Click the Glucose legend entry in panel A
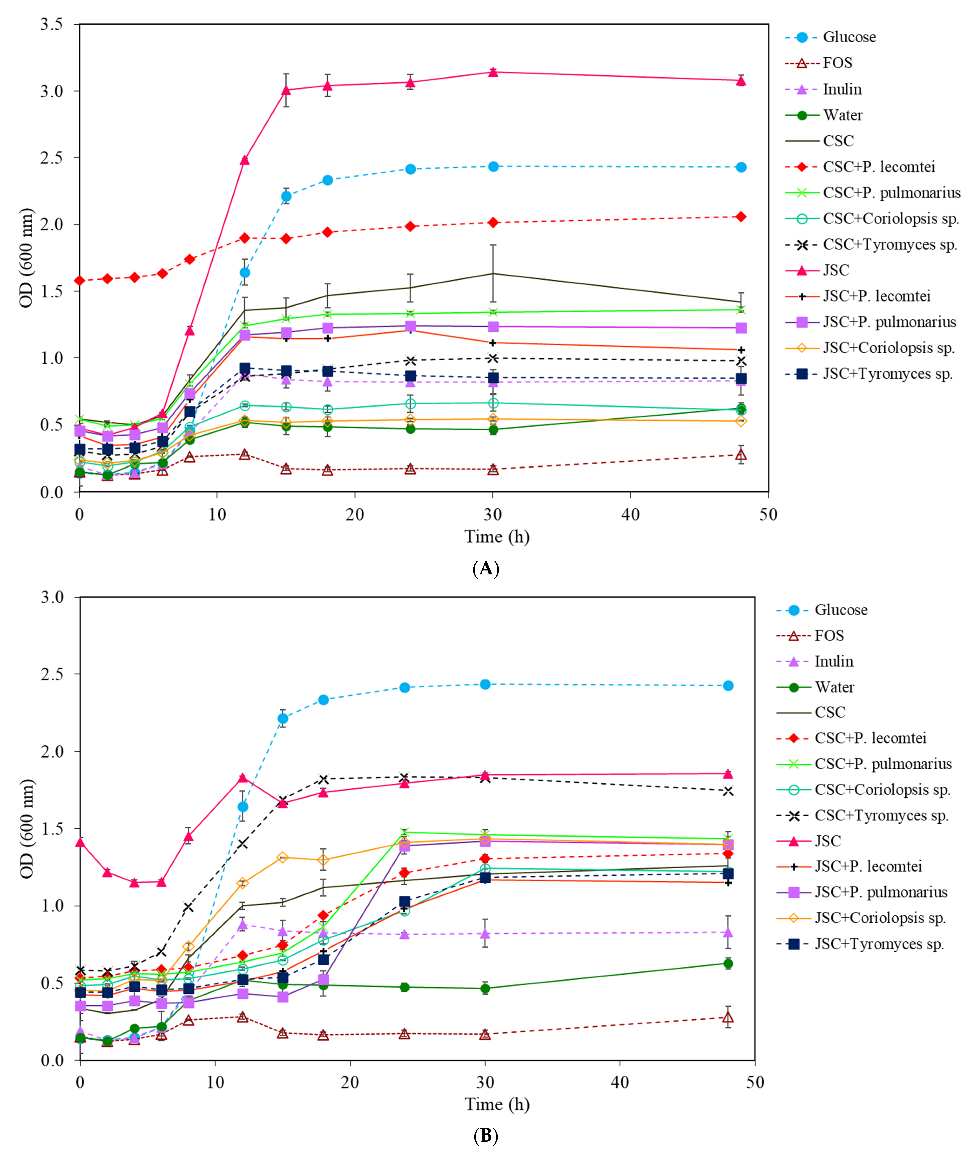tap(849, 37)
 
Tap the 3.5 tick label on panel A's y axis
tap(51, 24)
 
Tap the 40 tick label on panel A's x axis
tap(630, 515)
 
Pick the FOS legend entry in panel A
tap(837, 63)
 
